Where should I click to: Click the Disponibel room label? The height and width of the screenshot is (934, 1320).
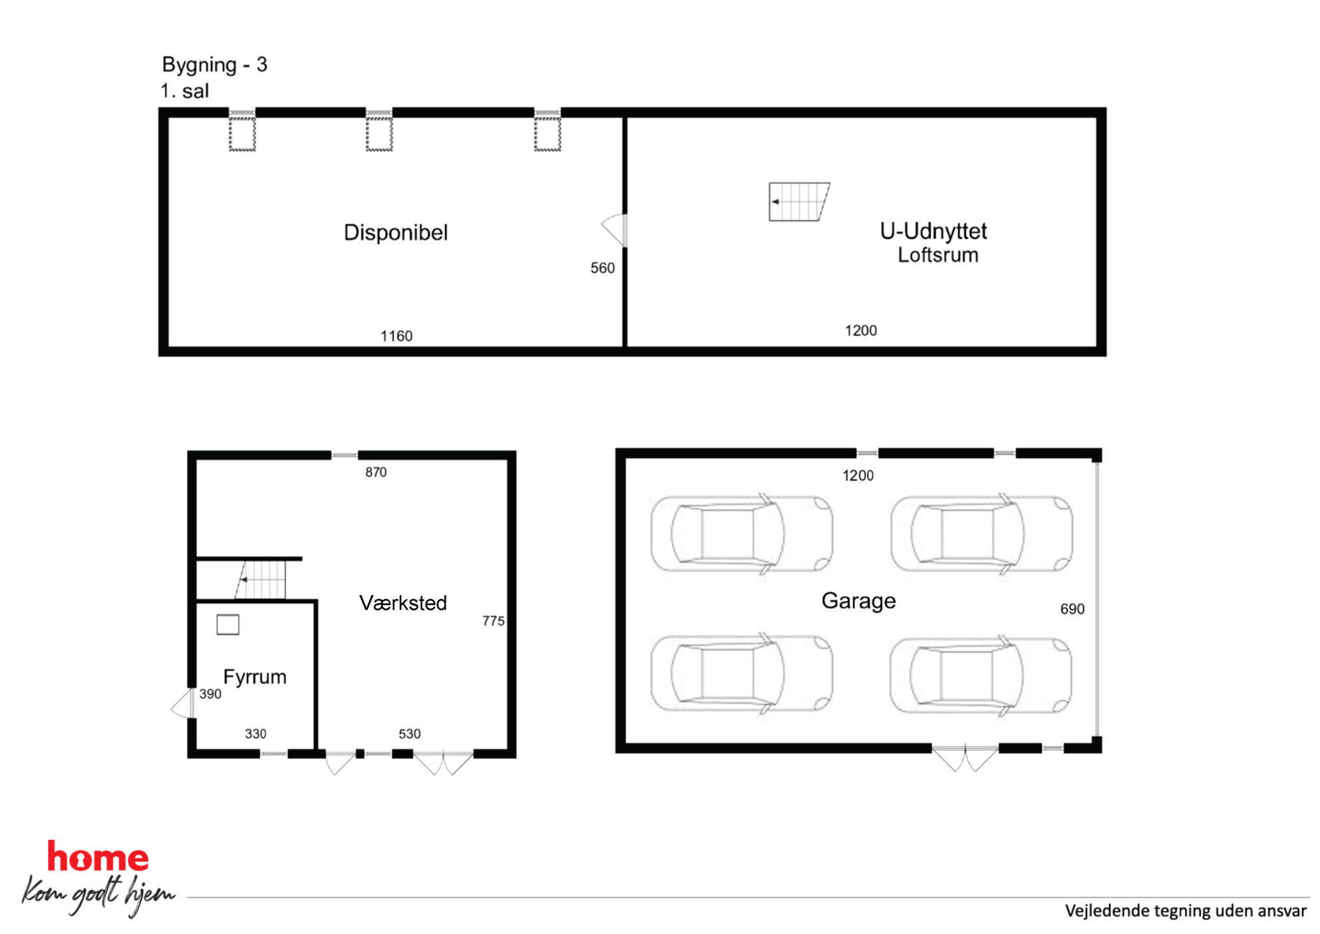click(396, 232)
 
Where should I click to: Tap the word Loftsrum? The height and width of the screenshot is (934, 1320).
click(938, 254)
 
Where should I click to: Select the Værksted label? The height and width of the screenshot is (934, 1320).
click(403, 602)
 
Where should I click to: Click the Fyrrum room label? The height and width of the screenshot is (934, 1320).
click(255, 676)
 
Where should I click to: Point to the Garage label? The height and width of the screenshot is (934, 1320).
click(858, 600)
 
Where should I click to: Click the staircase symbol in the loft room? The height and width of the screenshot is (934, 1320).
click(799, 202)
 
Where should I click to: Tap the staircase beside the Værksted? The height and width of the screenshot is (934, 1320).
click(260, 579)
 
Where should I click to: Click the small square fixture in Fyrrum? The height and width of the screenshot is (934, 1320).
click(228, 624)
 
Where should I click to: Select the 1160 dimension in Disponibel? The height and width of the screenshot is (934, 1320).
click(397, 336)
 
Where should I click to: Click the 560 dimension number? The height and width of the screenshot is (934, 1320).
click(603, 268)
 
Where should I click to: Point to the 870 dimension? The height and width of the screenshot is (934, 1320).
click(376, 472)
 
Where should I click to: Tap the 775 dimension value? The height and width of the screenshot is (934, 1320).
click(494, 620)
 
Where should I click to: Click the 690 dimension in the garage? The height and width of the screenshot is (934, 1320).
click(1072, 608)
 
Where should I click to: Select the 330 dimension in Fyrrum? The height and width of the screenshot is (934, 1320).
click(255, 734)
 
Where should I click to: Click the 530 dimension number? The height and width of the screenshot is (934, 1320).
click(410, 734)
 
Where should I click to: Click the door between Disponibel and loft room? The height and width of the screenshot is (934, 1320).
click(615, 230)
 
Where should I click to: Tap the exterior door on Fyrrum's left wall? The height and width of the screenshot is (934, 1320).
click(182, 703)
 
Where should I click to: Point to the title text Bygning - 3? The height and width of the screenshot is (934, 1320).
click(214, 65)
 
